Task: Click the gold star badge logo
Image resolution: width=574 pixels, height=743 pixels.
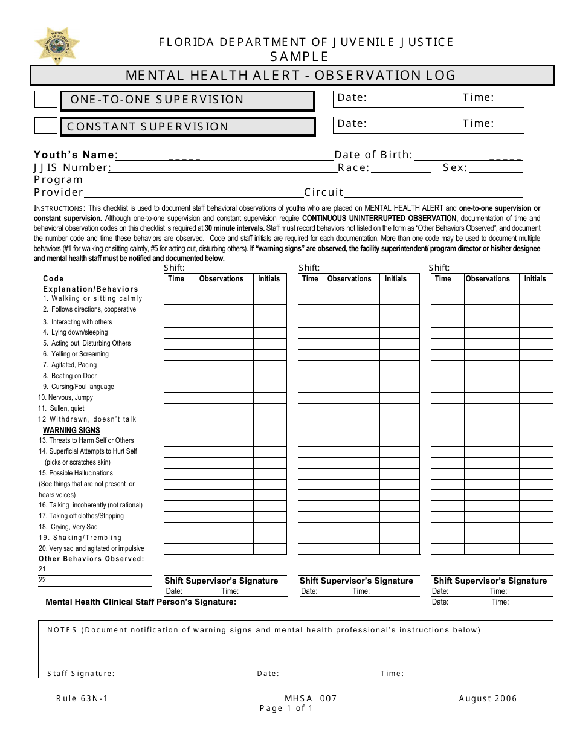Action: tap(57, 45)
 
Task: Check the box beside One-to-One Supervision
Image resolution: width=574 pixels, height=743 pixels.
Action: tap(46, 100)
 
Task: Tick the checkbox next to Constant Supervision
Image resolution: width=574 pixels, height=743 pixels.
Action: tap(46, 126)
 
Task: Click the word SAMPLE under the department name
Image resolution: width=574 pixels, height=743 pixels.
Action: tap(299, 57)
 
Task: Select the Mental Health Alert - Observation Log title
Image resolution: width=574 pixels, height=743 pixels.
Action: tap(291, 76)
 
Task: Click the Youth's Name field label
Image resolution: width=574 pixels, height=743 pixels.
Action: tap(74, 155)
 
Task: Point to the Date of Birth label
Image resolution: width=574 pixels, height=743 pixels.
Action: tap(373, 155)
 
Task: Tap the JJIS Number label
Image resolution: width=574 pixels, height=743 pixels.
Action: tap(71, 167)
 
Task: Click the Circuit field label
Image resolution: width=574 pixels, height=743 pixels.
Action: tap(324, 192)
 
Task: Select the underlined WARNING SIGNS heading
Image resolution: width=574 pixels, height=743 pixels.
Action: tap(71, 430)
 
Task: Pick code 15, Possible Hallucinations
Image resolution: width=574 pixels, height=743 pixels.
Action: tap(76, 473)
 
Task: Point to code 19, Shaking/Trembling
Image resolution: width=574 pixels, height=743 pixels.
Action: tap(80, 538)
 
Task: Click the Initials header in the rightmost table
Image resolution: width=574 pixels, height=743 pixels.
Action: tap(535, 279)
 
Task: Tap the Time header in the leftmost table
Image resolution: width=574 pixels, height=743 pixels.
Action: tap(176, 279)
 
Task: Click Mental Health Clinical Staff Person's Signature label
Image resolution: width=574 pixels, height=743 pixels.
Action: tap(141, 602)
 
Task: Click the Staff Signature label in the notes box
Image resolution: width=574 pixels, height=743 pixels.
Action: tap(81, 674)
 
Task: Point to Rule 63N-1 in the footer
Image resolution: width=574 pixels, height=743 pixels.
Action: tap(82, 698)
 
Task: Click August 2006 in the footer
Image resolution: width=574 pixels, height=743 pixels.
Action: tap(488, 698)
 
